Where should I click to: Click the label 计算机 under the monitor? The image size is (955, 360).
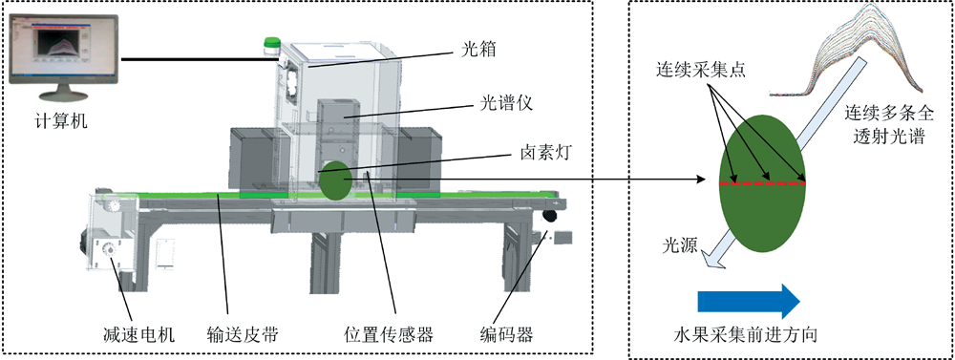[61, 121]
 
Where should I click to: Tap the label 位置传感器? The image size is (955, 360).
[389, 334]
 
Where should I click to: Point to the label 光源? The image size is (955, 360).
[680, 246]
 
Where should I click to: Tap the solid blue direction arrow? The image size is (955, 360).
[749, 300]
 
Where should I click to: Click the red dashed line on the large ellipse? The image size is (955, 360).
[763, 182]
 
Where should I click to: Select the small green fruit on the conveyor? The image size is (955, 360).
[334, 180]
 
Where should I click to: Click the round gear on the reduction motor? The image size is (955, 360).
[110, 250]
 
